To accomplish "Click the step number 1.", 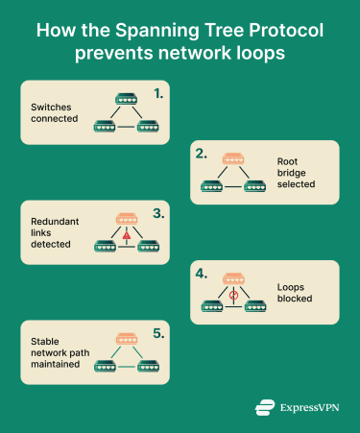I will (x=158, y=95).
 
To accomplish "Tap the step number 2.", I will (x=202, y=155).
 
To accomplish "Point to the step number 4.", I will (x=202, y=275).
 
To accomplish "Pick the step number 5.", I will (x=158, y=335).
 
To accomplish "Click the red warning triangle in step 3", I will (x=126, y=235).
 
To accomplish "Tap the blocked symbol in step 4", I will (x=232, y=294).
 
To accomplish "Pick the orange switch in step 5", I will (x=127, y=338).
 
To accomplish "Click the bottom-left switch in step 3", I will (x=106, y=247).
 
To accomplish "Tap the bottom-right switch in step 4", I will (x=254, y=306).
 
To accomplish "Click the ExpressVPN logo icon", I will (x=265, y=407).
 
